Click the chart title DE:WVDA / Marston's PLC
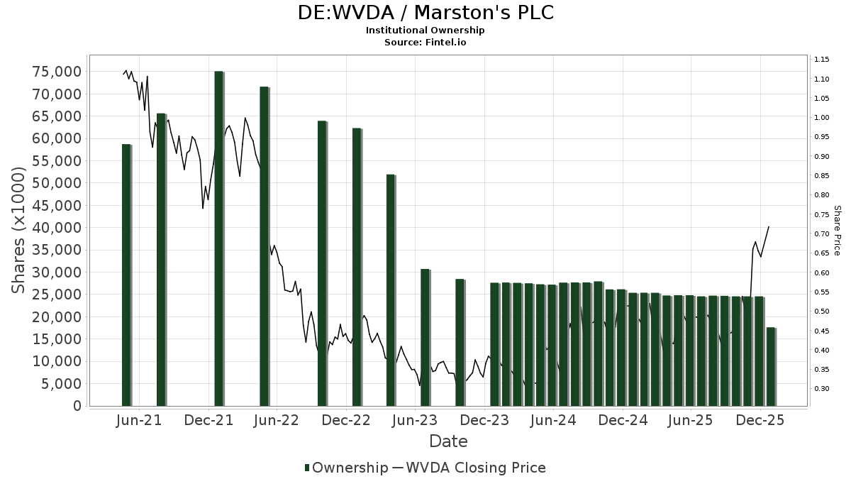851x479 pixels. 425,13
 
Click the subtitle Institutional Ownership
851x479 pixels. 425,31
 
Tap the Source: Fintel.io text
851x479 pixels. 425,43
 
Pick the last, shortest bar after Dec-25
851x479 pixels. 771,367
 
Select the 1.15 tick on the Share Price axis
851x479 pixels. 822,59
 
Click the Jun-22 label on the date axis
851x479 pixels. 277,420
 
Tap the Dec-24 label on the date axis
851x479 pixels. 623,420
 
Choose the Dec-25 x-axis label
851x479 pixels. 760,420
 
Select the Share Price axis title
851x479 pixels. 837,230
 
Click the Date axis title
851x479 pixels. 448,441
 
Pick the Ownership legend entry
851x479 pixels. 347,468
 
